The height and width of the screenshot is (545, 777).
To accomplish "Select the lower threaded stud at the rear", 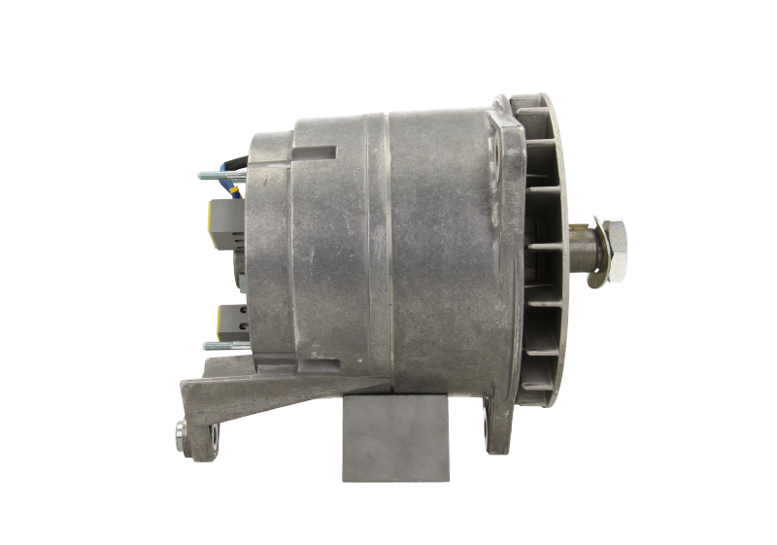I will tap(223, 343).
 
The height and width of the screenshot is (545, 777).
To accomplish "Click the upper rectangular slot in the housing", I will tap(313, 153).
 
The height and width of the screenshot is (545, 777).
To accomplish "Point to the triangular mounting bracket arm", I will tap(219, 398).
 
